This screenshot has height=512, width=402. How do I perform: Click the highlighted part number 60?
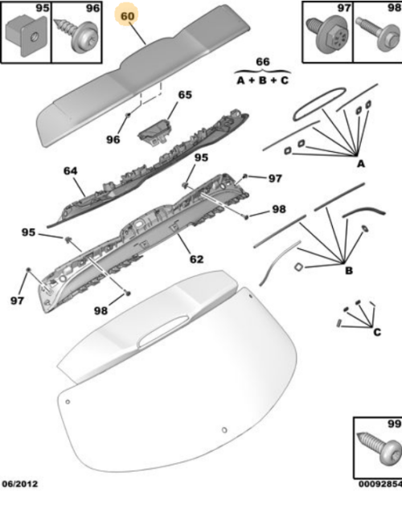128,15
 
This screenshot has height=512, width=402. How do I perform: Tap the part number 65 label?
185,95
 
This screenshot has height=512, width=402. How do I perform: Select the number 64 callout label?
71,170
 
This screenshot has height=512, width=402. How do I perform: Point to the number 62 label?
196,259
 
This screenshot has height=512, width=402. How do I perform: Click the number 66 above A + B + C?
263,63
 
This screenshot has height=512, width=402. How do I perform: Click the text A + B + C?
263,81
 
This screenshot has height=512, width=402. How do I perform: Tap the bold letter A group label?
360,164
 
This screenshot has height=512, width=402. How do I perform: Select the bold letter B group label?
348,271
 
